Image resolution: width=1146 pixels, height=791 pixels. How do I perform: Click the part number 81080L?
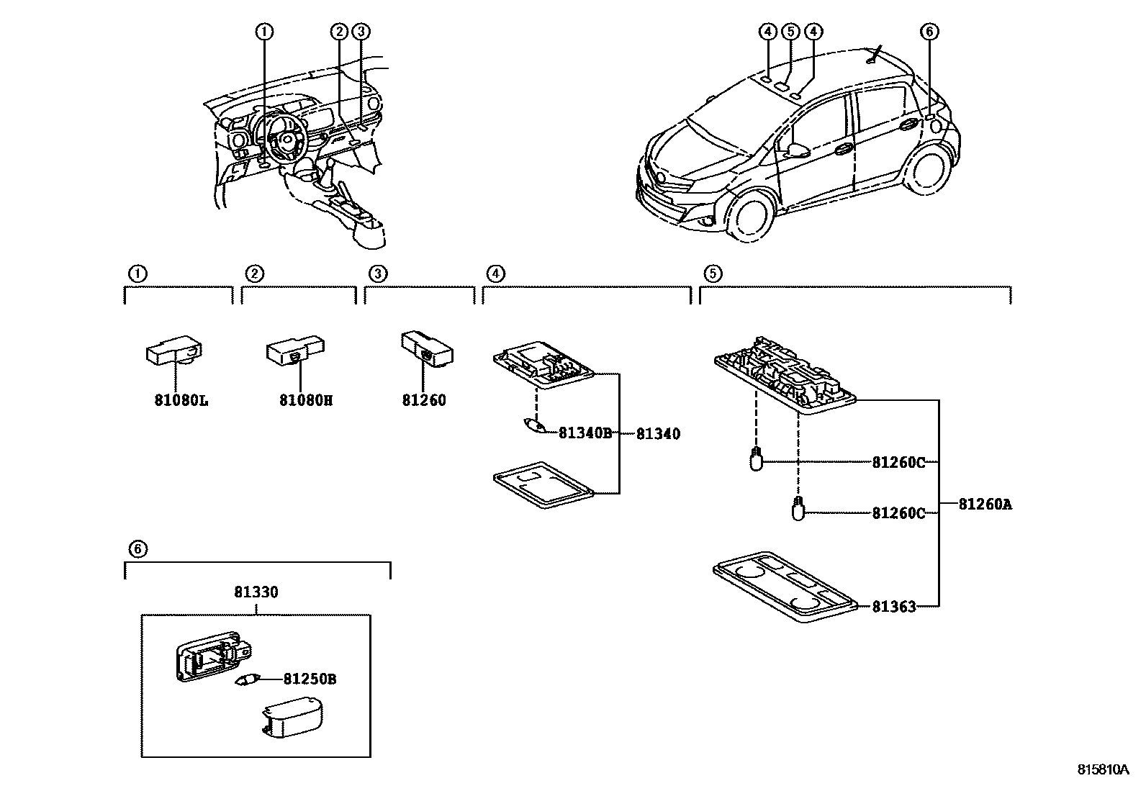pyautogui.click(x=181, y=400)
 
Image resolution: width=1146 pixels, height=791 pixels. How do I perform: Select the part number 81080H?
pyautogui.click(x=306, y=400)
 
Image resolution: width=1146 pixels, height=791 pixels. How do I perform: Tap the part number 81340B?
pyautogui.click(x=585, y=433)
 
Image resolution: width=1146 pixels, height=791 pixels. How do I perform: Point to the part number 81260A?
pyautogui.click(x=985, y=505)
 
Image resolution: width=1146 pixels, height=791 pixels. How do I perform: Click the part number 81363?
pyautogui.click(x=894, y=607)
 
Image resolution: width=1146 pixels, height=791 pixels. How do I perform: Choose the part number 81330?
pyautogui.click(x=256, y=592)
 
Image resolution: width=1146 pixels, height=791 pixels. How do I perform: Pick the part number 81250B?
pyautogui.click(x=310, y=679)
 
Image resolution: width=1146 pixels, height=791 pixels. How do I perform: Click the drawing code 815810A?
pyautogui.click(x=1104, y=769)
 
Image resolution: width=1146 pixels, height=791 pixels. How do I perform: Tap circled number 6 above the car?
pyautogui.click(x=929, y=31)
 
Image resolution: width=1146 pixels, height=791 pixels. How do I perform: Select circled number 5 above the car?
pyautogui.click(x=790, y=31)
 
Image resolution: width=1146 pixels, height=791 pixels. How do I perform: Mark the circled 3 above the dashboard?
pyautogui.click(x=361, y=31)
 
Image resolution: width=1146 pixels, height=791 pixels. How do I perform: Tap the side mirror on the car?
pyautogui.click(x=797, y=151)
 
